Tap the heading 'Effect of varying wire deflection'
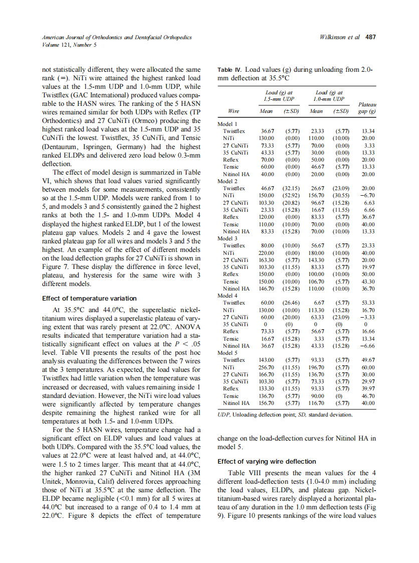pyautogui.click(x=266, y=461)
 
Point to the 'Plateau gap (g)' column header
pyautogui.click(x=366, y=108)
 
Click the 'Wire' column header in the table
pyautogui.click(x=233, y=111)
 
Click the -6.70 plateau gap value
pyautogui.click(x=368, y=196)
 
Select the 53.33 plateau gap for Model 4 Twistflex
pyautogui.click(x=368, y=303)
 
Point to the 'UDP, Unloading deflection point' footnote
pyautogui.click(x=259, y=415)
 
